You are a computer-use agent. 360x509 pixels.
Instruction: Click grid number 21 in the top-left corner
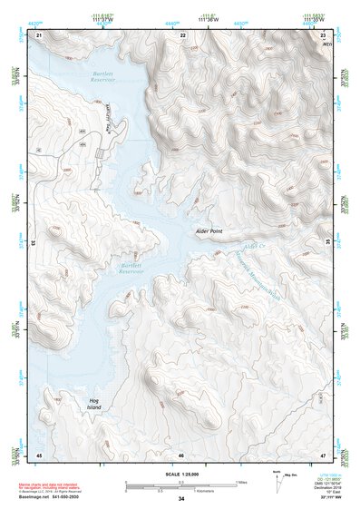(39, 34)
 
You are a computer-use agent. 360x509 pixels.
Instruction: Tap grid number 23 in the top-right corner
(324, 34)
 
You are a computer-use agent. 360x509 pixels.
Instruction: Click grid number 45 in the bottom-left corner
(39, 454)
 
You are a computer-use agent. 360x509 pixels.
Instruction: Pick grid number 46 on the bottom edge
(181, 454)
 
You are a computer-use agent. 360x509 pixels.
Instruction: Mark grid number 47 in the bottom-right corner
(324, 454)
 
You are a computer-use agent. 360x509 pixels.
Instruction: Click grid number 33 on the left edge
(34, 243)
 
